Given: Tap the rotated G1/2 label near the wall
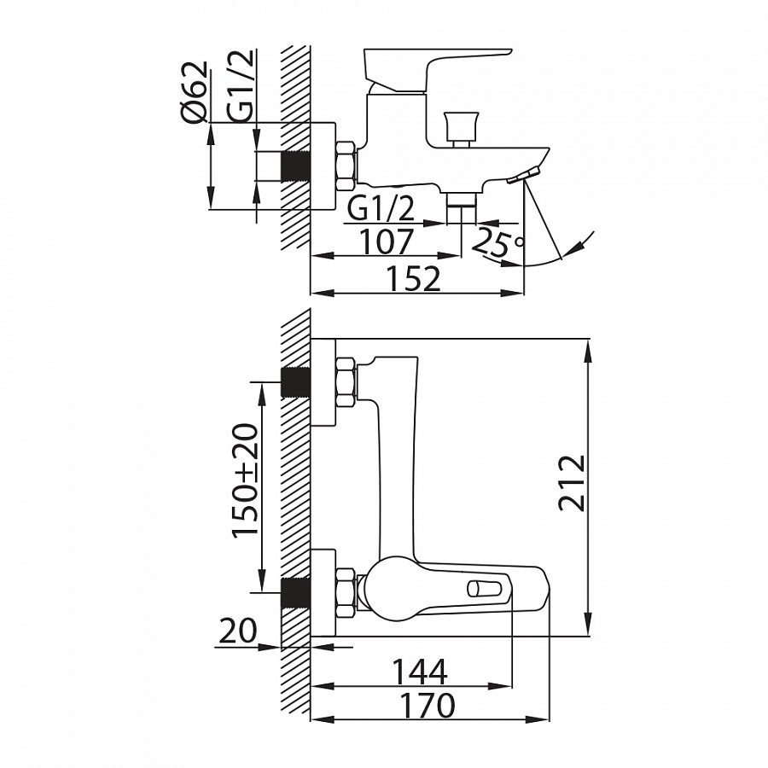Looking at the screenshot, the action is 240,84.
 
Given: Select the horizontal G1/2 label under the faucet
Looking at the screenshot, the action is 381,209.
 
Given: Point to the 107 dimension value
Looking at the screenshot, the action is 387,241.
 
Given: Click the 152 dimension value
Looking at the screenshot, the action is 413,279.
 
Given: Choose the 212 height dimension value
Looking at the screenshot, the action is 572,484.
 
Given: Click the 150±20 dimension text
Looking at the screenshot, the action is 244,480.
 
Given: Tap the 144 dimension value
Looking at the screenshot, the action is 421,672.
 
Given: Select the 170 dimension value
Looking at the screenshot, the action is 428,706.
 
